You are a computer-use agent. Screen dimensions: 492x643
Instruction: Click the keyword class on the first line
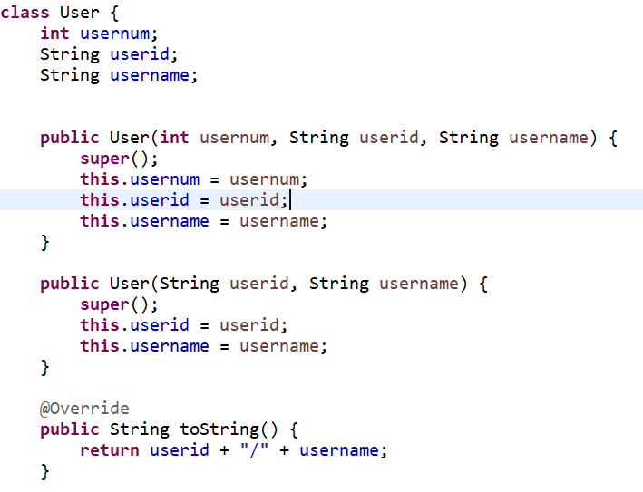24,13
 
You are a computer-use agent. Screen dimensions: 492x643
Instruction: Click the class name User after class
80,13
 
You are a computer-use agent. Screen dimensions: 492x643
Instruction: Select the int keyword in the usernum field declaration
54,34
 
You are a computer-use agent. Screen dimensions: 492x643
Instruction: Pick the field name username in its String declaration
150,75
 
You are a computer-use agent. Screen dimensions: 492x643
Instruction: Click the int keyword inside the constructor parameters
174,138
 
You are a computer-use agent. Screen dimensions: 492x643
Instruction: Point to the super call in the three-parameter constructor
104,159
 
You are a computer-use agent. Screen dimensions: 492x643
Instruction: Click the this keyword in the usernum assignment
99,179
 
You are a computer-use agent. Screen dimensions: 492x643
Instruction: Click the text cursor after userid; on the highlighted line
290,200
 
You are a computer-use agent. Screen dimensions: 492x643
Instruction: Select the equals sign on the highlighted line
204,200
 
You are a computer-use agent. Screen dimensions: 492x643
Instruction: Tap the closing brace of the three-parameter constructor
44,243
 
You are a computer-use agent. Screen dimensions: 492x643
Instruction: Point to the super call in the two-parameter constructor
104,304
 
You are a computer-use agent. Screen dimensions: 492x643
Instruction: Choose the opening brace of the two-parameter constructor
483,284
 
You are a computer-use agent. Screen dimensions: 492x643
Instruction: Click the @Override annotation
84,409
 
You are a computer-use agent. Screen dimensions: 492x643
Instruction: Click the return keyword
110,450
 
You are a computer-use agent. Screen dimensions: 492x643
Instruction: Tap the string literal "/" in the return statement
254,450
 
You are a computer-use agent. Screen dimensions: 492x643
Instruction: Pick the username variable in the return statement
338,450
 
